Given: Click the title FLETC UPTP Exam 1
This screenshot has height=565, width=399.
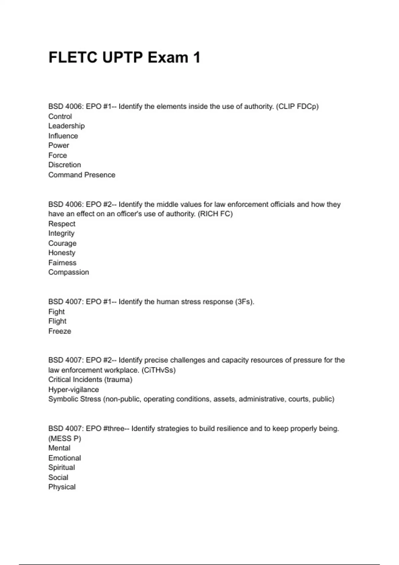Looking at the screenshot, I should tap(124, 57).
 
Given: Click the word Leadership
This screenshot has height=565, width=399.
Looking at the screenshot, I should tap(66, 126).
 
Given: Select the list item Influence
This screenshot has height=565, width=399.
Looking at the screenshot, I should tap(63, 136).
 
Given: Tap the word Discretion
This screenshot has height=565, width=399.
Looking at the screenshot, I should tap(65, 165).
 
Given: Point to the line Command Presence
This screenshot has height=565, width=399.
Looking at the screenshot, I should tap(82, 175).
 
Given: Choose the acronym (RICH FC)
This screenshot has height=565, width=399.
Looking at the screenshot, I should tap(215, 214).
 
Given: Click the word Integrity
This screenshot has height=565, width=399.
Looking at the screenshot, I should tap(62, 233).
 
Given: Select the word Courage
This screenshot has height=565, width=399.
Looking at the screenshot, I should tap(63, 243).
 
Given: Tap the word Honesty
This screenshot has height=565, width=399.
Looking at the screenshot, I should tap(62, 253).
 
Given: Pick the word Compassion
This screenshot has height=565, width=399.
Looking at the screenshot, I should tap(69, 272).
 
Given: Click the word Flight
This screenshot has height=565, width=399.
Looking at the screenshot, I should tap(58, 321).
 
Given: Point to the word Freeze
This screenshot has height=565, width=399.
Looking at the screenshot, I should tap(60, 331).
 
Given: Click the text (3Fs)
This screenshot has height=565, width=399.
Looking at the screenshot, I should tap(244, 302).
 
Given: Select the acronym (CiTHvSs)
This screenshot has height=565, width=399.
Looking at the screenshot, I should tap(159, 370).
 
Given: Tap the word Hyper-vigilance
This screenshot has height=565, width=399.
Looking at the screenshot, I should tap(73, 390).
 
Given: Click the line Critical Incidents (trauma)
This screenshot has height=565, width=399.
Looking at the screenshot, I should tap(90, 380).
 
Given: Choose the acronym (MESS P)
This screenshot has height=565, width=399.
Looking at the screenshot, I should tap(65, 439).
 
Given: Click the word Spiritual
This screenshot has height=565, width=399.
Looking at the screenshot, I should tap(62, 468).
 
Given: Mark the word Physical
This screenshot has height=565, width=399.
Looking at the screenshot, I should tap(62, 487).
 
